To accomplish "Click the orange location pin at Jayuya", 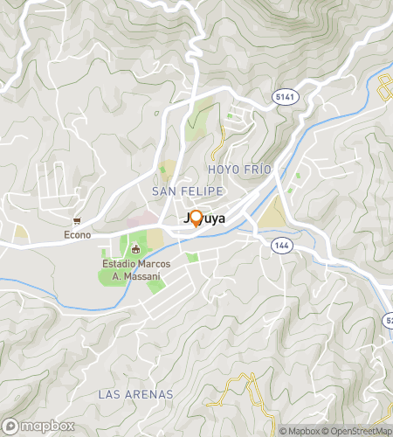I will point(196,218).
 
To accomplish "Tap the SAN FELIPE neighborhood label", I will point(188,191).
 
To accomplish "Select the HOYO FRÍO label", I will point(240,168).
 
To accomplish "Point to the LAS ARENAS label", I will point(135,395).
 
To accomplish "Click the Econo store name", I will point(77,234).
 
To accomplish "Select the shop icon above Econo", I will point(77,221).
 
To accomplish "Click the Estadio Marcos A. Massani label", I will point(134,270).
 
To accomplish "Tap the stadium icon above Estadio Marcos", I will point(134,251).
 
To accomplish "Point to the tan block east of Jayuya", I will point(273,212).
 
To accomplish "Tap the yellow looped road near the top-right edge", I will point(384,87).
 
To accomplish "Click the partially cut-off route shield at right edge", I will point(389,322).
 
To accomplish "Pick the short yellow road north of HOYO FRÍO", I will point(223,135).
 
